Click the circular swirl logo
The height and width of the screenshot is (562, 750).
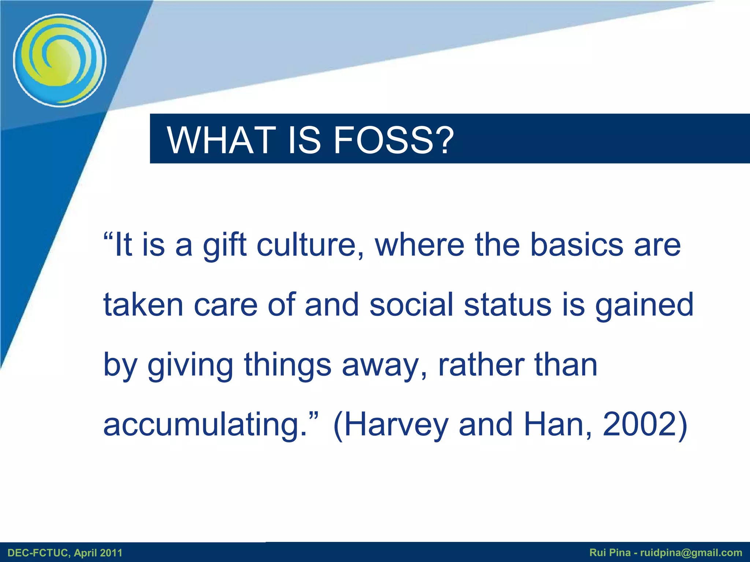60,61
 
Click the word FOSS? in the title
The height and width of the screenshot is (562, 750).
394,140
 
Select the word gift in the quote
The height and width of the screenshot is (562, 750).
224,245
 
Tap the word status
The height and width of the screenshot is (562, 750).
508,304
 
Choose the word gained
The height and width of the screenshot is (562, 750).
644,305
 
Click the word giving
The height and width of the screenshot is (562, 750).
190,365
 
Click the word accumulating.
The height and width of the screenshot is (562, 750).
205,424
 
